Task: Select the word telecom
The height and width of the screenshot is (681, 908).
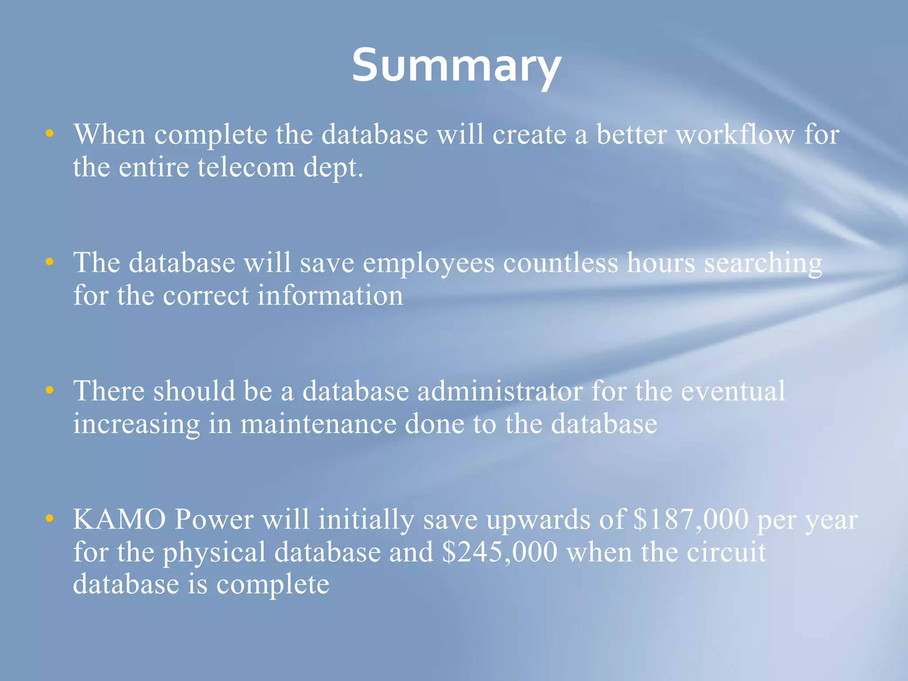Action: [246, 168]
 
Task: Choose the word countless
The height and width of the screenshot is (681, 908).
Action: [560, 262]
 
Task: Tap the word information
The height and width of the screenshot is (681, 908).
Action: [330, 295]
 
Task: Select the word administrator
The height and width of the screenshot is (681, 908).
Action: [500, 391]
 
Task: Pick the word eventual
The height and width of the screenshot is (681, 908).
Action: [733, 391]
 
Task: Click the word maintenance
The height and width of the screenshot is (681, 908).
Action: [318, 424]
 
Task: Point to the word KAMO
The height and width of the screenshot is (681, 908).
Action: [119, 519]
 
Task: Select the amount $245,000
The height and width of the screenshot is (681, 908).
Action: [500, 552]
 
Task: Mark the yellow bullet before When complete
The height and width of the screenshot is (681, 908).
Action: [50, 133]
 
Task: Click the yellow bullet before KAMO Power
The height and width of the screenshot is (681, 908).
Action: [50, 518]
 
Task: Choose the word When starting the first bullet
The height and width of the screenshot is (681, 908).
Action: [110, 134]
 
